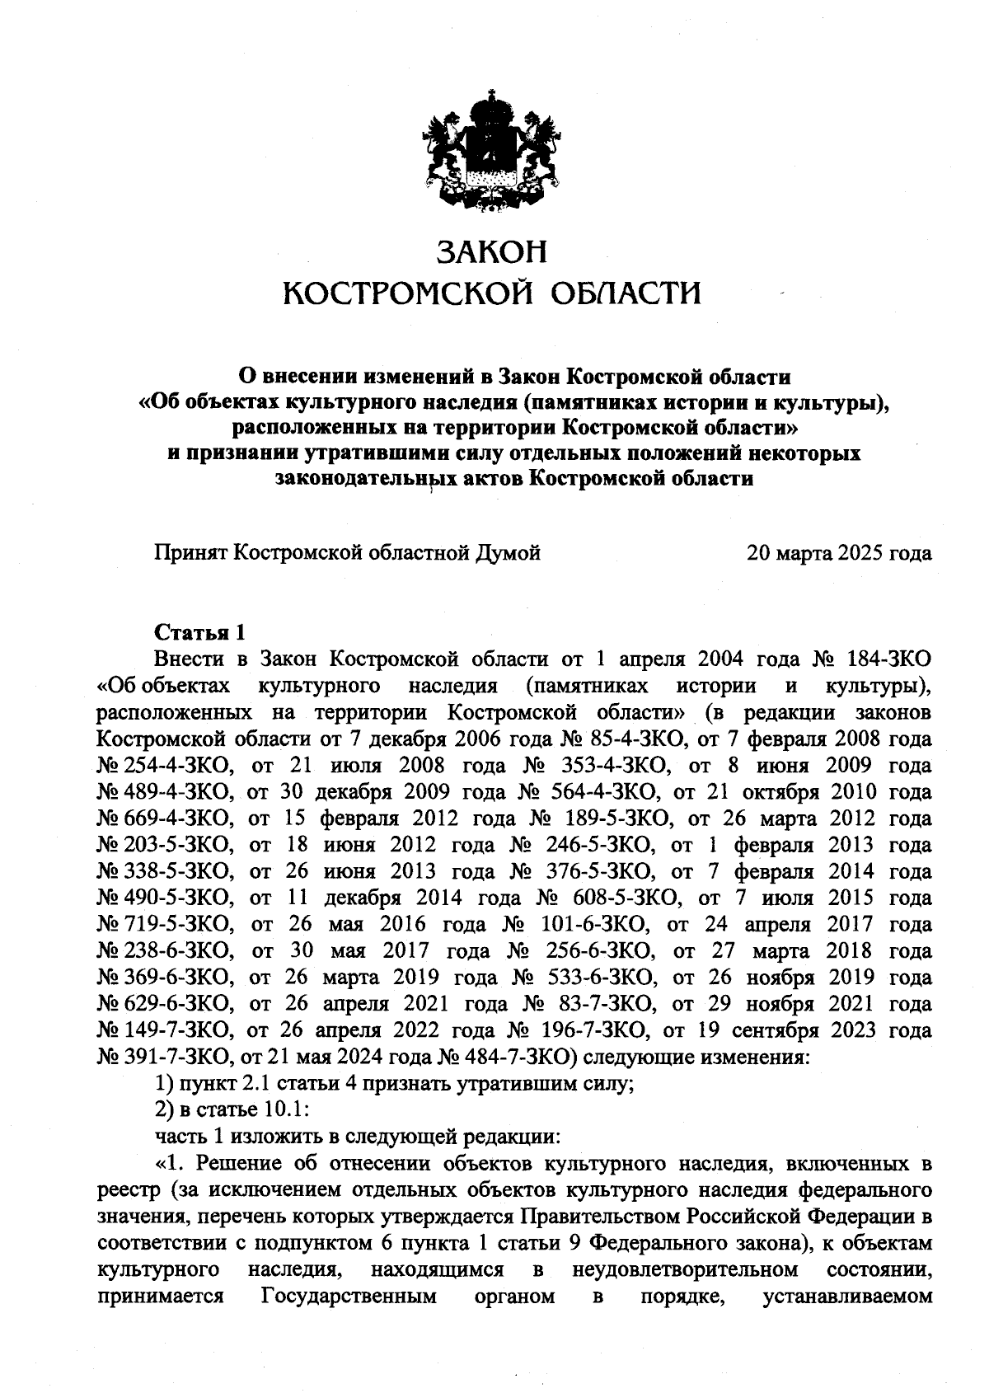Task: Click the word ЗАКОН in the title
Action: pos(491,251)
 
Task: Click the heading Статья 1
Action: pos(200,633)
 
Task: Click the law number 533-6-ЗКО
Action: pos(601,978)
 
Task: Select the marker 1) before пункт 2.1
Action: pos(165,1084)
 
